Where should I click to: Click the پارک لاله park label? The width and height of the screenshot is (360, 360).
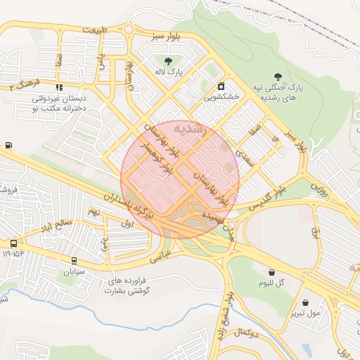click(x=169, y=72)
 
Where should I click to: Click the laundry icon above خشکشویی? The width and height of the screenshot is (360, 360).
click(x=221, y=86)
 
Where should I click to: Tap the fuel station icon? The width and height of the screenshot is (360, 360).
click(x=8, y=146)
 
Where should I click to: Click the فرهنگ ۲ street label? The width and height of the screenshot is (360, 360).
click(x=20, y=86)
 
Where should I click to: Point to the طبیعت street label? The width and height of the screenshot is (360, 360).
click(x=95, y=30)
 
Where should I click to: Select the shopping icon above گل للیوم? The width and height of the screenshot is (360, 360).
click(x=271, y=272)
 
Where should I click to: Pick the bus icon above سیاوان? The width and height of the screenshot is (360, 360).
click(x=74, y=261)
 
